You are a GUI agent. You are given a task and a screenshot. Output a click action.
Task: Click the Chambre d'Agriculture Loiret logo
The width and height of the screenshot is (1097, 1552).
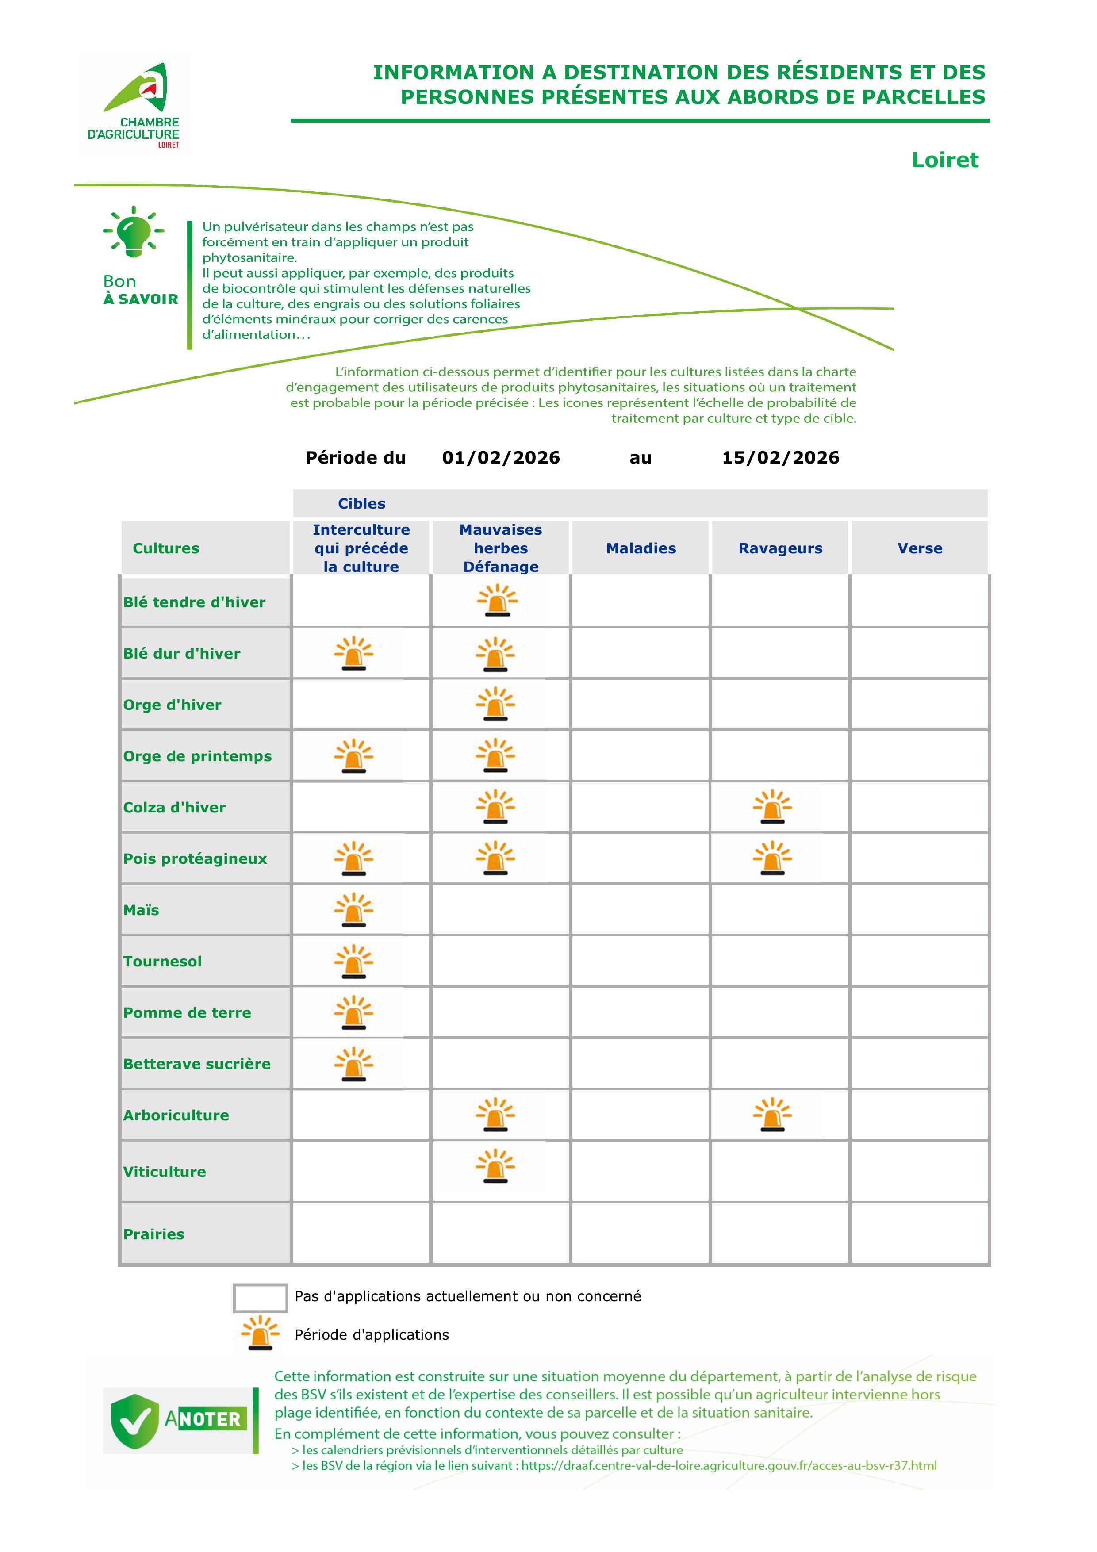point(134,105)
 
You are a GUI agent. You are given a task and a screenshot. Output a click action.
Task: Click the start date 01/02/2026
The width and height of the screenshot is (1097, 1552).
point(501,458)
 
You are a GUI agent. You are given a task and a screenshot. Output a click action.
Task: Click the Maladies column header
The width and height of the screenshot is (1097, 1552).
point(641,548)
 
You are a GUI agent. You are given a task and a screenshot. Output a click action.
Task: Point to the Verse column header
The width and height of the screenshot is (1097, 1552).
point(919,548)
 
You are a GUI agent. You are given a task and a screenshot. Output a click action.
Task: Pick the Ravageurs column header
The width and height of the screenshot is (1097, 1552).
point(780,548)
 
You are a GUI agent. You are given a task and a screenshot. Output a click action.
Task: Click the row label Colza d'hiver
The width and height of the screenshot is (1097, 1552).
point(174,807)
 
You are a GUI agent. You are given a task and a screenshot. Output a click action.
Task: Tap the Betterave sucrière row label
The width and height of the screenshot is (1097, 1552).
point(197,1064)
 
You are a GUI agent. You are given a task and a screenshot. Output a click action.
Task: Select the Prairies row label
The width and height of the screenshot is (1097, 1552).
point(153,1234)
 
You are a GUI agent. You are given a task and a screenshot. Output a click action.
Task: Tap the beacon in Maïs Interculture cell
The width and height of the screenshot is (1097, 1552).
point(353,909)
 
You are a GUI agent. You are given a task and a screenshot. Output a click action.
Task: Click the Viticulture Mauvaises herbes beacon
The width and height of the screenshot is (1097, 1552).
point(495,1166)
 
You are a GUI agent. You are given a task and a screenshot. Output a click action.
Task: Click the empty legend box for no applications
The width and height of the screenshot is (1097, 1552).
point(260,1297)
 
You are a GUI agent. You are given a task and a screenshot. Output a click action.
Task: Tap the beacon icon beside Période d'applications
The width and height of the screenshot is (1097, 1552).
point(260,1334)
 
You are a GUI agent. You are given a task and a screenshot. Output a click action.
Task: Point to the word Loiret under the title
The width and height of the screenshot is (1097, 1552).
point(944,160)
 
